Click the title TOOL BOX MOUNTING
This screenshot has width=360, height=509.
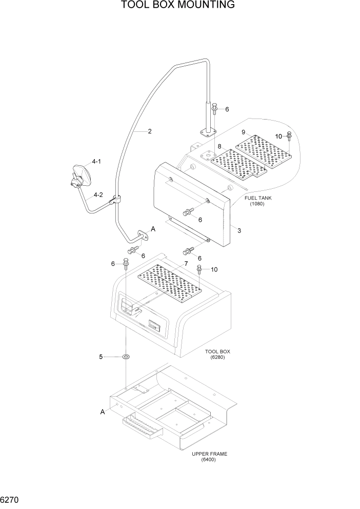pos(178,6)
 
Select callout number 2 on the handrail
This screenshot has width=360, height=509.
pos(149,131)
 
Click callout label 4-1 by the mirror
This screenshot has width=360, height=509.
pos(97,162)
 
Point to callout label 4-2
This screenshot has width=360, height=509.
pos(97,195)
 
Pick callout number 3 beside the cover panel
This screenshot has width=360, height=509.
pos(239,230)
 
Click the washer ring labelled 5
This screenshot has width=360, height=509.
pos(126,357)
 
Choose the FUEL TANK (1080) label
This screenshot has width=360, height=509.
pos(257,201)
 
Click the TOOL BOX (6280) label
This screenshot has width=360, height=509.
pos(217,355)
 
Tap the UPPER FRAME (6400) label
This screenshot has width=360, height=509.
pos(209,457)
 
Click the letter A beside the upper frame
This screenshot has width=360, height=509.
pos(103,412)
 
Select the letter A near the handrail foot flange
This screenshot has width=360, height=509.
pos(152,229)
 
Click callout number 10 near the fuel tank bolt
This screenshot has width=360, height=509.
pos(279,136)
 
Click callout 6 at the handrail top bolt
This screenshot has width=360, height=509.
pos(227,109)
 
